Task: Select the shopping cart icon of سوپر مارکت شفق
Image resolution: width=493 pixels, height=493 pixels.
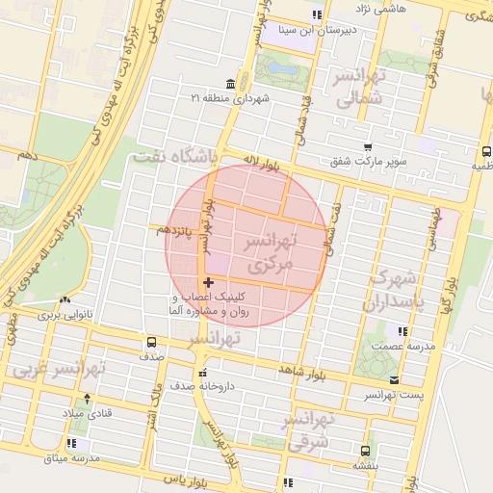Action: (368, 146)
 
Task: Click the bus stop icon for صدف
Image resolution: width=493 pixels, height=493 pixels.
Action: (151, 342)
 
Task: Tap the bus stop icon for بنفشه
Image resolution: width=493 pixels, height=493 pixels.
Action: (365, 450)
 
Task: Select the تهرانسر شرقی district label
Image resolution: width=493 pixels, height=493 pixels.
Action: (309, 430)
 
